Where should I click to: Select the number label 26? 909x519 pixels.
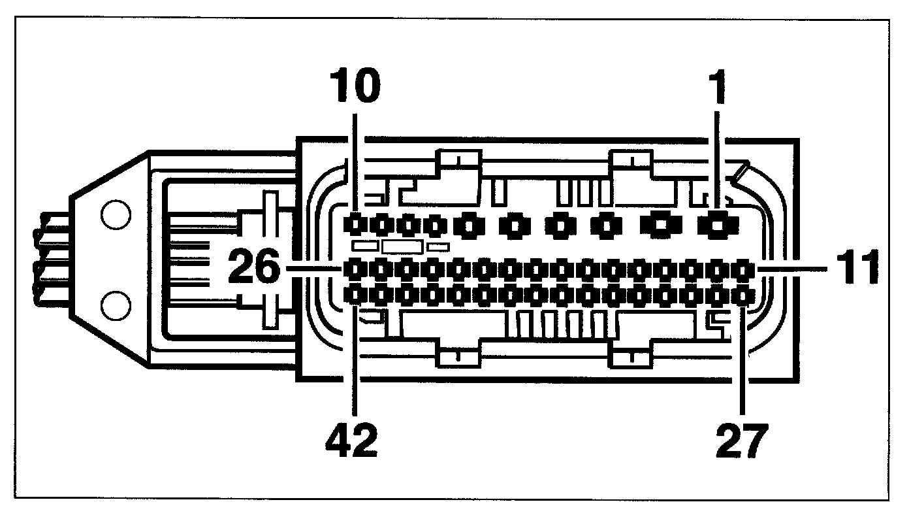tap(253, 269)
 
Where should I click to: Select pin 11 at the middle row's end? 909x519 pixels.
tap(742, 269)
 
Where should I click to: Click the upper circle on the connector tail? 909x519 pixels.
tap(115, 216)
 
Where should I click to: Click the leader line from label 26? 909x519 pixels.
tap(313, 269)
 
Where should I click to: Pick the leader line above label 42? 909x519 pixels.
tap(355, 366)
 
